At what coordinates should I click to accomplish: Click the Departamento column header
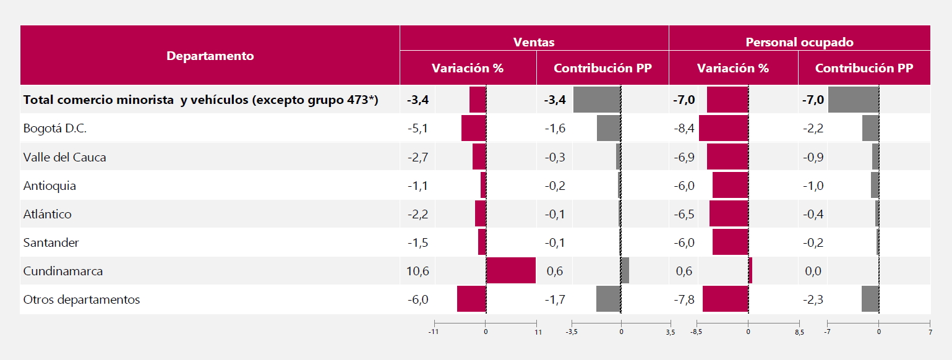click(x=210, y=56)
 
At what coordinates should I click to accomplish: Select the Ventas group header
click(x=534, y=42)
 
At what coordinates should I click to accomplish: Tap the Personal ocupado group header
click(x=799, y=42)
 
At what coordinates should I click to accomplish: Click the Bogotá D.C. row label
click(x=55, y=129)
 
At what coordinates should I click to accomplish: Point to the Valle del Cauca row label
click(x=64, y=157)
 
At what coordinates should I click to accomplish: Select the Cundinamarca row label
click(x=63, y=271)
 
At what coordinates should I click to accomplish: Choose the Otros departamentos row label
click(x=82, y=299)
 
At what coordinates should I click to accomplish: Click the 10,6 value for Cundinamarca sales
click(x=418, y=271)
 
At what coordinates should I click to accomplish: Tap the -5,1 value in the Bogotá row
click(x=418, y=129)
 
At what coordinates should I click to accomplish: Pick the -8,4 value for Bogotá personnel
click(x=684, y=129)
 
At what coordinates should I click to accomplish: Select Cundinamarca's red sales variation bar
click(x=511, y=271)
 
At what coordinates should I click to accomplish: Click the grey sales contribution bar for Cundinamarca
click(x=625, y=271)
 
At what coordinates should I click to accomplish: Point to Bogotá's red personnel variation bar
click(x=723, y=129)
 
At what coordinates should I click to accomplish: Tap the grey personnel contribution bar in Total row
click(x=853, y=100)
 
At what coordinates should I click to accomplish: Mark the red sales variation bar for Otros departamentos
click(x=471, y=299)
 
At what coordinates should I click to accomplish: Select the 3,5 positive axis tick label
click(x=671, y=332)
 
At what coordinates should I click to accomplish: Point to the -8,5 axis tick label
click(x=697, y=332)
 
